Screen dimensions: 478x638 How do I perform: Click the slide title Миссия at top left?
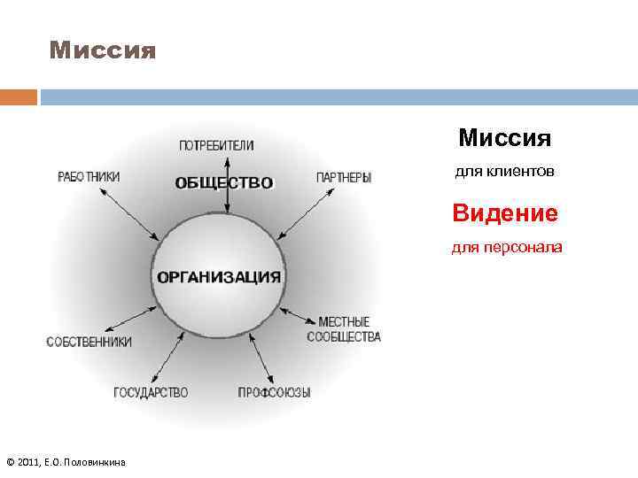[103, 50]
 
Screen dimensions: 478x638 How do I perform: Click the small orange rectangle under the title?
[19, 96]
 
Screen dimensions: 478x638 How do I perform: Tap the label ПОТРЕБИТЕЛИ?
[216, 145]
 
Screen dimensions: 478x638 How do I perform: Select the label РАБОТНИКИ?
[89, 176]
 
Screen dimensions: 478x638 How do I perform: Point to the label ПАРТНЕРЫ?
[344, 177]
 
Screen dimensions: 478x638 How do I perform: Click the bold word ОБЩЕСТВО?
[224, 183]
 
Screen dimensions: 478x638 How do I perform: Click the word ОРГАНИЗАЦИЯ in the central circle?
[219, 276]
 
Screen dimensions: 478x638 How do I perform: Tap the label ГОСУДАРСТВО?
[151, 392]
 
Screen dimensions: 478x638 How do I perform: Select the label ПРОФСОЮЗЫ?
[274, 392]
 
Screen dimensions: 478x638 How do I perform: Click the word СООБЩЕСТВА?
[344, 336]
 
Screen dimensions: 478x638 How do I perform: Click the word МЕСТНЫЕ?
[344, 321]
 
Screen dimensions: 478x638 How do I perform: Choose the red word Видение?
[505, 213]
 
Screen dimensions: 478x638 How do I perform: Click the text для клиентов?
[505, 172]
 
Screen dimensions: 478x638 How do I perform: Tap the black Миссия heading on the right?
[505, 138]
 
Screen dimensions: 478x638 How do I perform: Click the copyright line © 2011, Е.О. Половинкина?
[66, 462]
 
